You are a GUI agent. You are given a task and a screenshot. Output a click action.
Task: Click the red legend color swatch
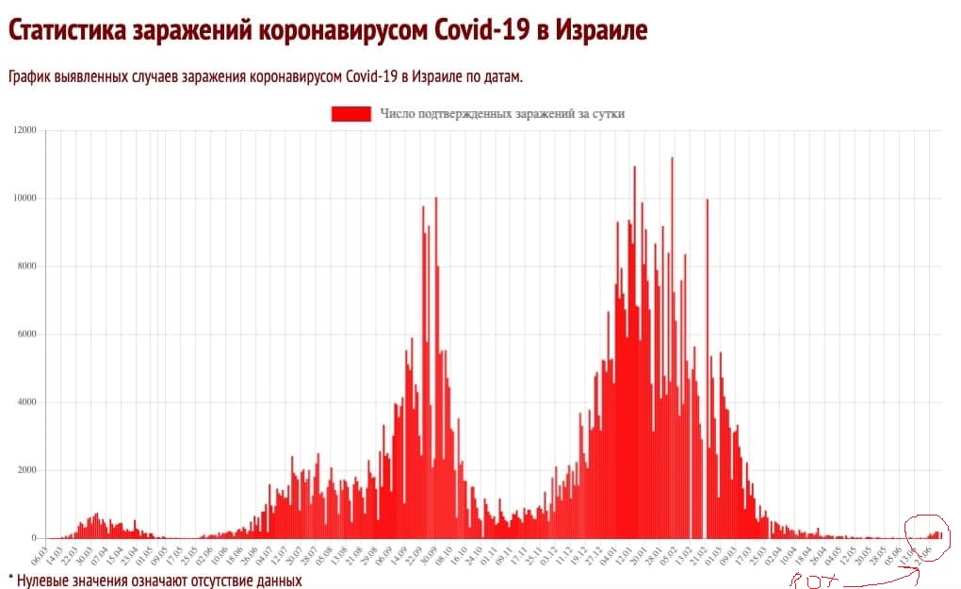[350, 114]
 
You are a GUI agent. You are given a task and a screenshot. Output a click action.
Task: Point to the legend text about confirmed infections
[502, 114]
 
